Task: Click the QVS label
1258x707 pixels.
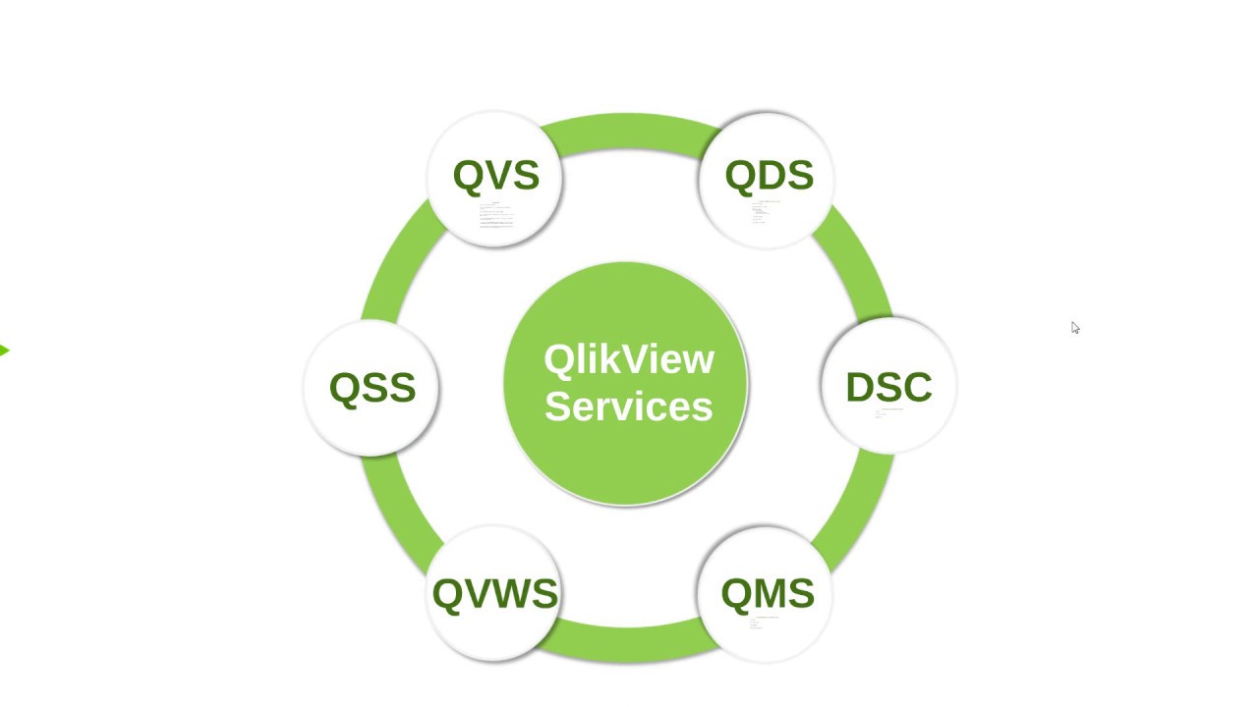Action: click(x=496, y=175)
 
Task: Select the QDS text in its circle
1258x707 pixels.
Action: click(x=769, y=175)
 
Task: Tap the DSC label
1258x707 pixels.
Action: click(x=888, y=387)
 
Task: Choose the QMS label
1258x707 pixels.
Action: click(x=768, y=593)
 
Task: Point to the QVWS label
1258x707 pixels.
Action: click(x=495, y=593)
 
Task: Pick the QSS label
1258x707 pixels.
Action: click(x=372, y=387)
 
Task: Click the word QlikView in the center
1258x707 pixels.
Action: click(x=629, y=359)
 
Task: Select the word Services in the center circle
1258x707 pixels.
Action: click(x=629, y=406)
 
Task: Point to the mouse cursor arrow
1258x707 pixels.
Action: click(x=1074, y=327)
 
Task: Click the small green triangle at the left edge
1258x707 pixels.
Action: click(x=4, y=351)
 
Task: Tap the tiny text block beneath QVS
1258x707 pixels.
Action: click(x=496, y=216)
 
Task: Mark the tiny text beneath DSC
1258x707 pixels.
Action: click(x=885, y=413)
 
